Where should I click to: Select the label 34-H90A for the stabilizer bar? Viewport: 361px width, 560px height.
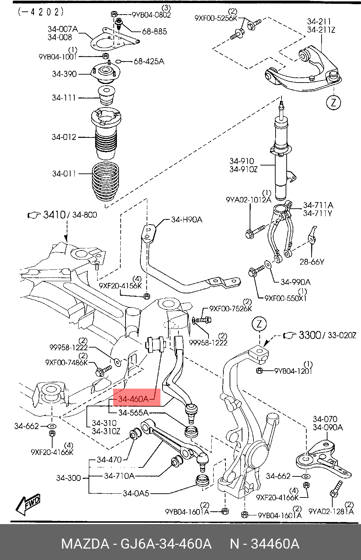(x=187, y=220)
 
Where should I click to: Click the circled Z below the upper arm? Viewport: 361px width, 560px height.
(x=333, y=103)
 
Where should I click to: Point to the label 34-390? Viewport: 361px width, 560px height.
(x=64, y=74)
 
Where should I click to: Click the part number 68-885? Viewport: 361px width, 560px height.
(x=154, y=31)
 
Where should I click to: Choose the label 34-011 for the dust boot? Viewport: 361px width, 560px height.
(x=64, y=173)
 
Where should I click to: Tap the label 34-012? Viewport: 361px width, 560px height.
(x=64, y=137)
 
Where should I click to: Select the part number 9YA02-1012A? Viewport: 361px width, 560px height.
(x=248, y=200)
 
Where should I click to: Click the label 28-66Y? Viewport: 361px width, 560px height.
(x=312, y=262)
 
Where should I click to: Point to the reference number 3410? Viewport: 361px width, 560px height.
(x=54, y=215)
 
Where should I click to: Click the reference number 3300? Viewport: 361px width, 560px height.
(x=310, y=335)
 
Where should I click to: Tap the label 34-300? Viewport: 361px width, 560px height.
(x=68, y=478)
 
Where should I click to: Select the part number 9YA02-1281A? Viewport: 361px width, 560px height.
(x=331, y=512)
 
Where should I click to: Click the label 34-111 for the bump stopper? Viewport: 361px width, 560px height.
(x=64, y=97)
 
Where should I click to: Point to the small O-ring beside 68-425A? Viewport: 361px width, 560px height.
(x=119, y=61)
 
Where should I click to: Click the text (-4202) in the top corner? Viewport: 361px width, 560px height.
(x=41, y=12)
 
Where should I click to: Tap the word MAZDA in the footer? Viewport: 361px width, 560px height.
(x=85, y=544)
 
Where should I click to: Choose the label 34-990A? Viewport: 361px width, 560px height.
(x=295, y=282)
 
